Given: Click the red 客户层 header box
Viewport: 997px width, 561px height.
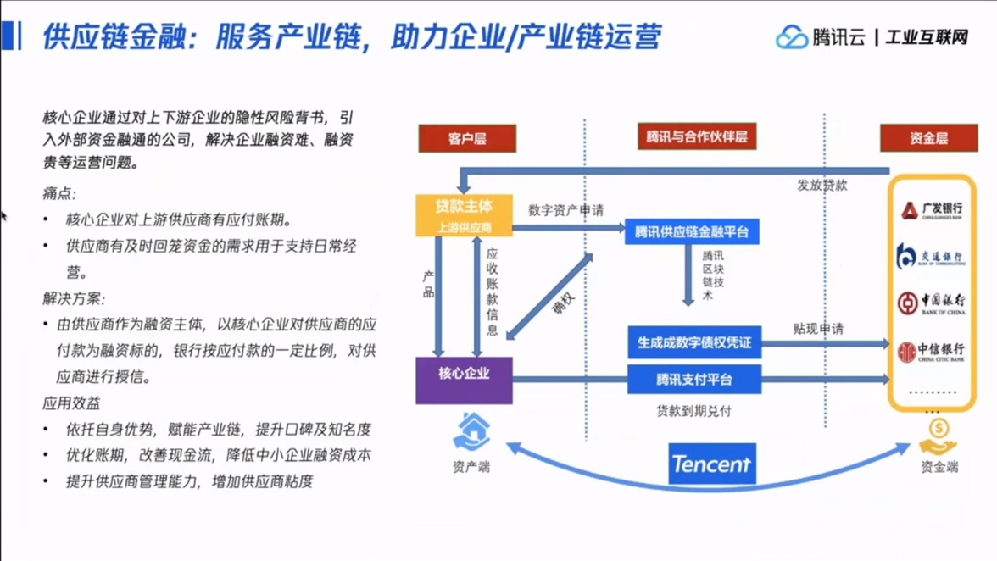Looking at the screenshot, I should coord(467,138).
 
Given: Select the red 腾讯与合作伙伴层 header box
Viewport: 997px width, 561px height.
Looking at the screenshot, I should coord(696,136).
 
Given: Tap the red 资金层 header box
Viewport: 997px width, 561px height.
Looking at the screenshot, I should coord(928,138).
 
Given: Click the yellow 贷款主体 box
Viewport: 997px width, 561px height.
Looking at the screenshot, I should coord(464,215).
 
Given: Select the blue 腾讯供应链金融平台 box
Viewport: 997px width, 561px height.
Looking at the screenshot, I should coord(692,231).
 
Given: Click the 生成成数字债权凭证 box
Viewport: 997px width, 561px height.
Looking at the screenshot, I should coord(694,342).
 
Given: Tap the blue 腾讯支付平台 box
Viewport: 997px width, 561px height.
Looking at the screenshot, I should coord(694,380).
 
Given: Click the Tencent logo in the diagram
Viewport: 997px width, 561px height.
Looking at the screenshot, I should coord(711,464).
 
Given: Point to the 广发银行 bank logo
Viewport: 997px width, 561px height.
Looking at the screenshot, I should coord(931,210).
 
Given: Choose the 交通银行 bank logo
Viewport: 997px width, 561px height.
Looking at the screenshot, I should coord(931,257).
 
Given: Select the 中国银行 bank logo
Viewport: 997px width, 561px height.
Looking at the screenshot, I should coord(931,303).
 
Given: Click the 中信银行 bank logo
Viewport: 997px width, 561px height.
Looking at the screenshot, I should coord(931,352).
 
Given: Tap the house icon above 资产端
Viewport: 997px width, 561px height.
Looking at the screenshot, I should coord(471,431).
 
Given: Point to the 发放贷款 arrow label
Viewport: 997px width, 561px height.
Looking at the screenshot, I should coord(822,185).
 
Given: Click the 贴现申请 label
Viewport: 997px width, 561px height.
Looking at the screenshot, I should coord(818,329).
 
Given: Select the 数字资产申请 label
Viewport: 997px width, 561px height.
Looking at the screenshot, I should coord(565,210).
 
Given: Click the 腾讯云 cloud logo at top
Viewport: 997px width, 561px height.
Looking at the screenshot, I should coord(792,37).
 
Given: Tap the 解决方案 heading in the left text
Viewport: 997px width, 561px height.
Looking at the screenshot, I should coord(74,299).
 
